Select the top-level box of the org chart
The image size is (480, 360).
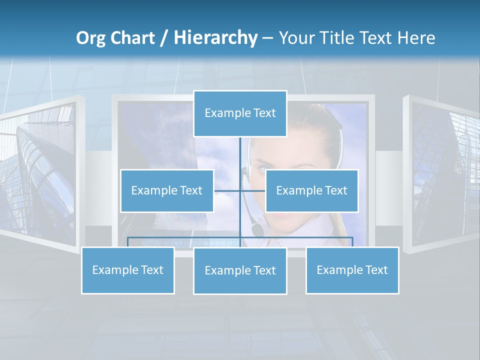tap(240, 113)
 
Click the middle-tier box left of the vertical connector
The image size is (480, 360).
tap(167, 191)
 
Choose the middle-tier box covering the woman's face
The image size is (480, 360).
tap(311, 191)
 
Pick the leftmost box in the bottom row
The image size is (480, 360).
tap(128, 270)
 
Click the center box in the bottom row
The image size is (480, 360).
tap(240, 271)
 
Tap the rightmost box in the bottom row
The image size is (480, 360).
tap(352, 270)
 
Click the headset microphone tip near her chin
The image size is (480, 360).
tap(256, 230)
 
